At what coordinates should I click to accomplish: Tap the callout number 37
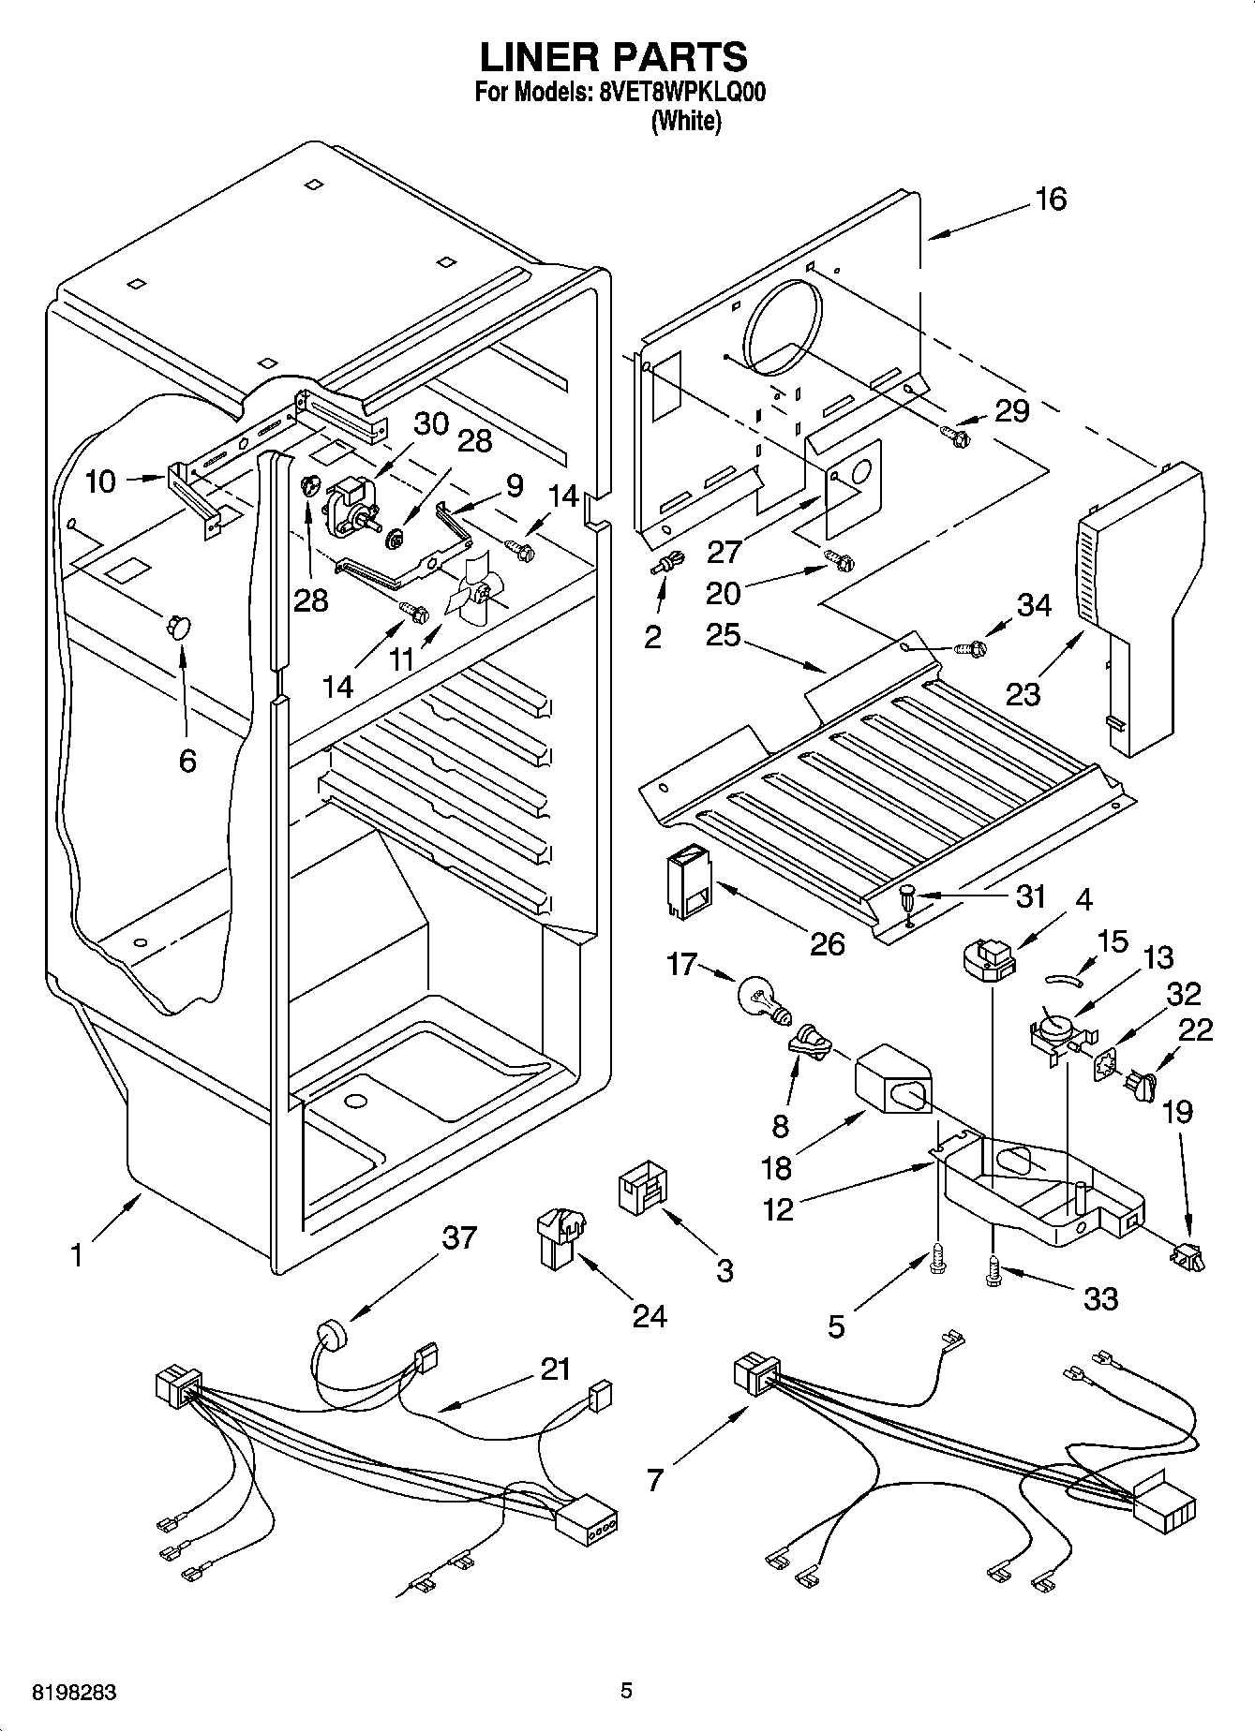point(459,1237)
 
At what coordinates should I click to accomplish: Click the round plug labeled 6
point(178,626)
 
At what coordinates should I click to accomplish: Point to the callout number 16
point(1052,199)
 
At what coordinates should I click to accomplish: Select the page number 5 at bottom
point(626,1691)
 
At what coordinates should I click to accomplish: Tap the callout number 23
point(1023,694)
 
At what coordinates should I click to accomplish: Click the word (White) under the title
point(686,121)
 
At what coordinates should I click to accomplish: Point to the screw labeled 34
point(971,646)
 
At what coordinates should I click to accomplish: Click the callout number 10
point(100,481)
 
